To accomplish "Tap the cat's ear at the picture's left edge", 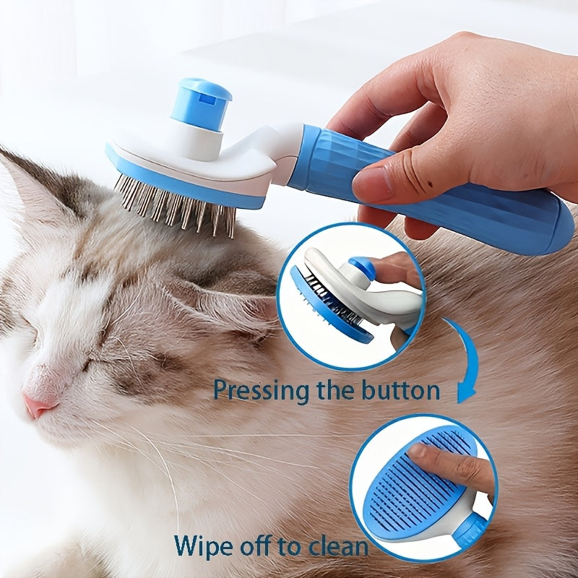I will point(29,181).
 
